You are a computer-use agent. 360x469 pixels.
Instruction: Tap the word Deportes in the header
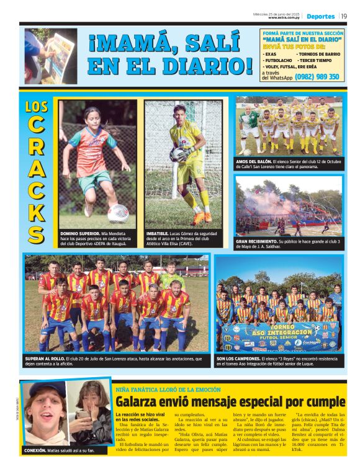point(320,16)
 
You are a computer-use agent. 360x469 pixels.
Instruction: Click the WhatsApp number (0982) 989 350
point(317,77)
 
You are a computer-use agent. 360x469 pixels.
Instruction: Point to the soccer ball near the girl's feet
point(117,213)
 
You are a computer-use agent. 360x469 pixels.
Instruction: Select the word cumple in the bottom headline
point(324,402)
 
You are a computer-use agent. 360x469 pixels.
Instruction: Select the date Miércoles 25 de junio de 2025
point(277,12)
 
